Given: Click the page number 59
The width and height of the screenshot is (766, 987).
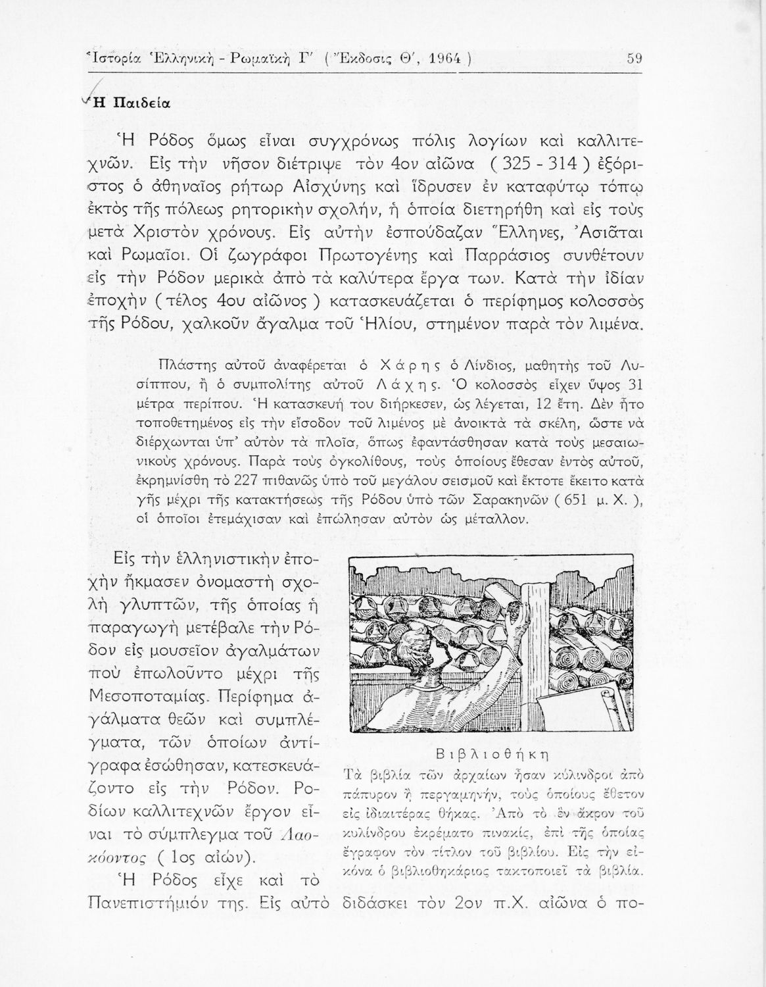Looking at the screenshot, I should point(634,58).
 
